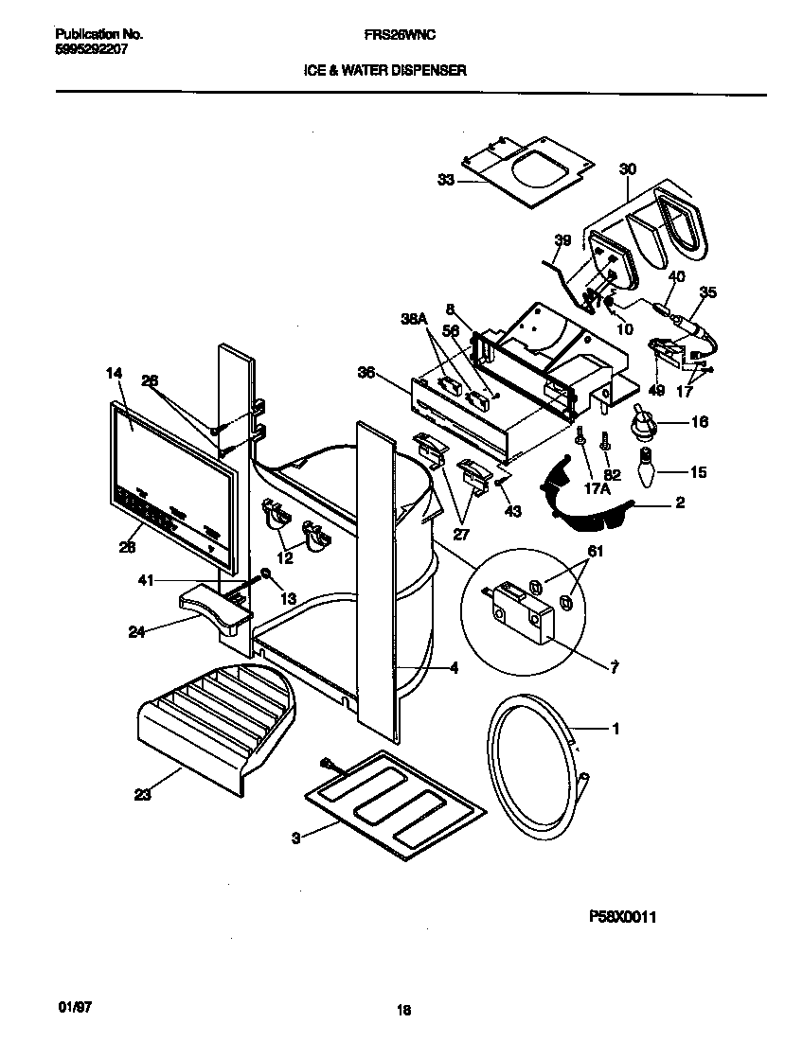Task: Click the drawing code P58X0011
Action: point(623,916)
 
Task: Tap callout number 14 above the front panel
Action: point(114,374)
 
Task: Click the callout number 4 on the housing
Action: point(455,668)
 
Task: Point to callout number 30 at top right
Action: point(627,169)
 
